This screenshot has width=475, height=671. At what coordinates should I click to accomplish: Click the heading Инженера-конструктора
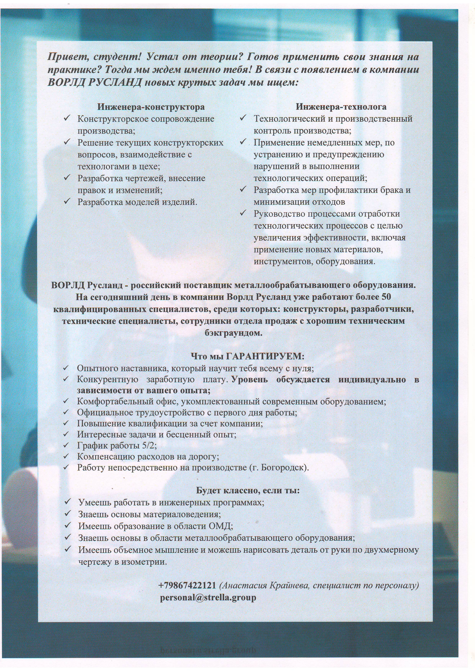coord(151,107)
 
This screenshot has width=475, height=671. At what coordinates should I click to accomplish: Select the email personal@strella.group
coord(208,598)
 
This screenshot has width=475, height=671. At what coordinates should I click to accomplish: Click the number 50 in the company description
coord(386,297)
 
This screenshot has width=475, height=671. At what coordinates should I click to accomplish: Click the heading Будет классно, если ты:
coord(248,491)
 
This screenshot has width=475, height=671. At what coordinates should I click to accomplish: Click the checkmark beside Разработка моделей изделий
coord(67,201)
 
